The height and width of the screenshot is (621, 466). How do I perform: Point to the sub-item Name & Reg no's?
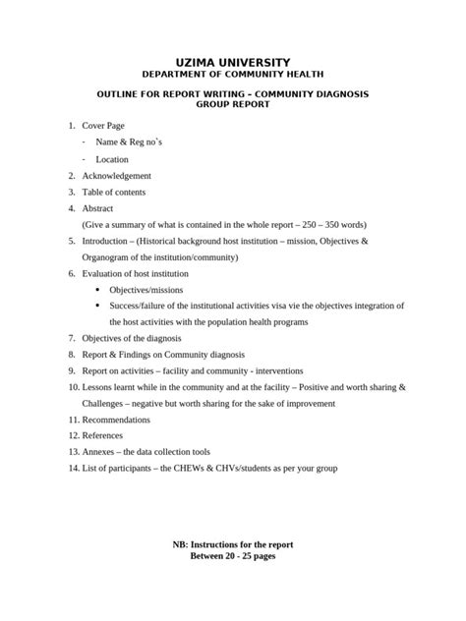click(x=126, y=143)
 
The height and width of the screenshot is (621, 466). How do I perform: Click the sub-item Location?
click(x=111, y=159)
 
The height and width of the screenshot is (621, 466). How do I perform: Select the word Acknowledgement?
click(x=116, y=176)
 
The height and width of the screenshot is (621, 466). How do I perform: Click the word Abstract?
click(x=97, y=208)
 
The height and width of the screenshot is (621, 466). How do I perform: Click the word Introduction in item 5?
click(x=106, y=241)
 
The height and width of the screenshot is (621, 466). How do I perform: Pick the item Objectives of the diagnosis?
click(x=130, y=338)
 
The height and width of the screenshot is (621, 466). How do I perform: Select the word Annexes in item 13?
click(x=99, y=451)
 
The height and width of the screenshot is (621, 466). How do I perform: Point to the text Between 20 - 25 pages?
click(x=233, y=556)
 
